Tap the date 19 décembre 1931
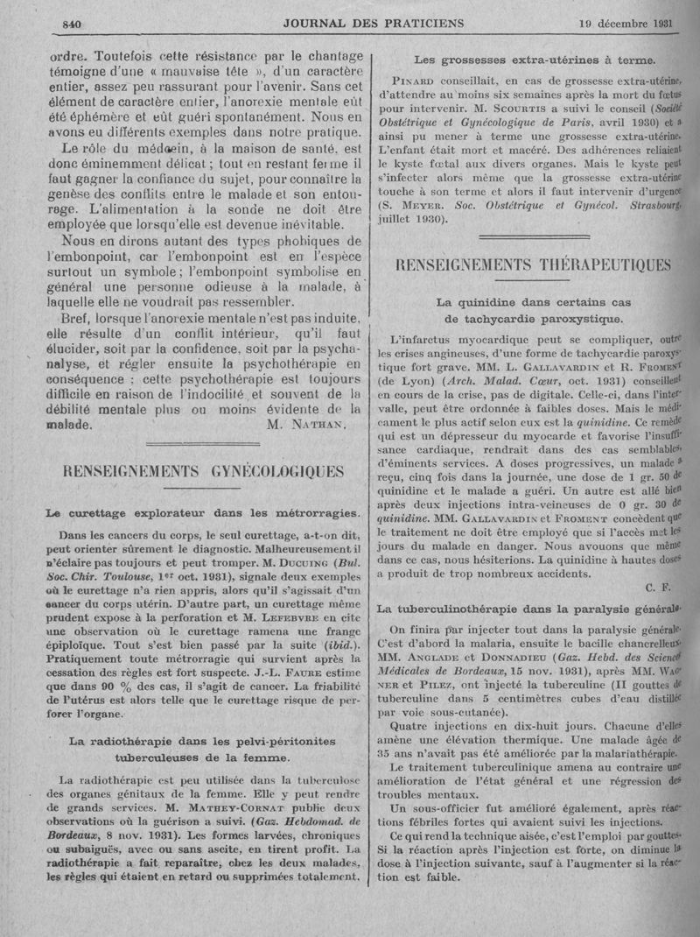(x=626, y=23)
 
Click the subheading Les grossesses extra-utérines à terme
(x=534, y=60)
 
